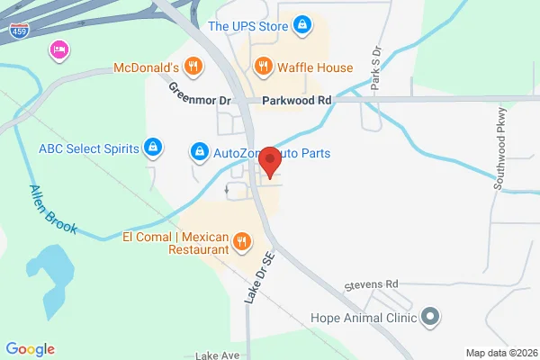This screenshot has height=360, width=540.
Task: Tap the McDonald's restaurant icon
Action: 193,66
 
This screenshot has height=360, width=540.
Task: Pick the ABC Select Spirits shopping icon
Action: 155,147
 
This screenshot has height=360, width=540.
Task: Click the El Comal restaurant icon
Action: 241,241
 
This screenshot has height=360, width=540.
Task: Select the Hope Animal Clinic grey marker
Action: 430,316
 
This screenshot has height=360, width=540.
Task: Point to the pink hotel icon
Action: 59,49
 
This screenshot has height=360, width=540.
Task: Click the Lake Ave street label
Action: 217,355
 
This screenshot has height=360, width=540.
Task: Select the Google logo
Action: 30,348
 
